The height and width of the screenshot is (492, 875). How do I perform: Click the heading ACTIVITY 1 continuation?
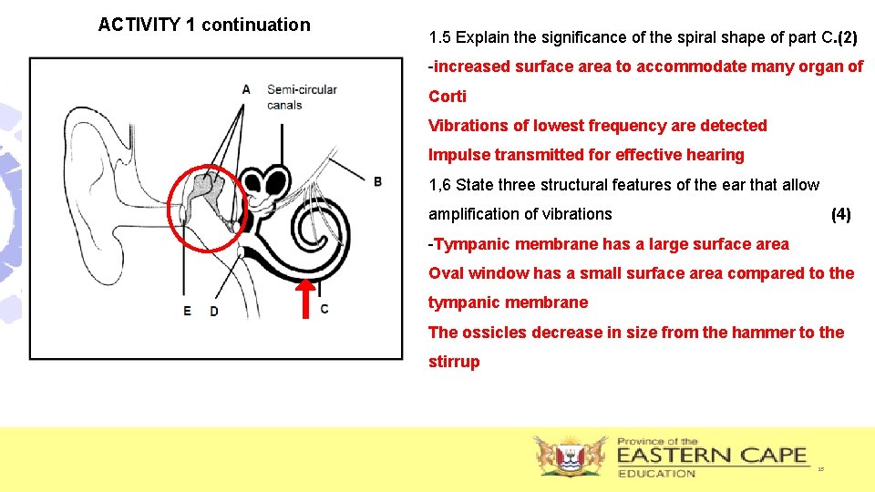[x=204, y=25]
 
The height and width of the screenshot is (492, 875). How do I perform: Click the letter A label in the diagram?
[x=246, y=89]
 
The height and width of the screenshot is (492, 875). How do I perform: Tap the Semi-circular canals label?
[x=302, y=97]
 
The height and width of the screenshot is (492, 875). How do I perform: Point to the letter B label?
[x=377, y=181]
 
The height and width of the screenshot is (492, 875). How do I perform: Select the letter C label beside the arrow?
[x=325, y=309]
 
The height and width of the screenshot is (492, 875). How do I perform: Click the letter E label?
[x=187, y=311]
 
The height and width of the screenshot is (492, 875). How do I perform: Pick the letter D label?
[x=214, y=311]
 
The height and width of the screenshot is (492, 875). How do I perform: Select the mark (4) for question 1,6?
[x=840, y=214]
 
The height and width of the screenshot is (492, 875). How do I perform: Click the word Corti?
[x=448, y=97]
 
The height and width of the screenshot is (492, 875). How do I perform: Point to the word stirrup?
[x=454, y=362]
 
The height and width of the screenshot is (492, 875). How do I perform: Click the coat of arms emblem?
[x=571, y=456]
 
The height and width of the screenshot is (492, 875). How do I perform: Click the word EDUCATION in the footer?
[x=656, y=473]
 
